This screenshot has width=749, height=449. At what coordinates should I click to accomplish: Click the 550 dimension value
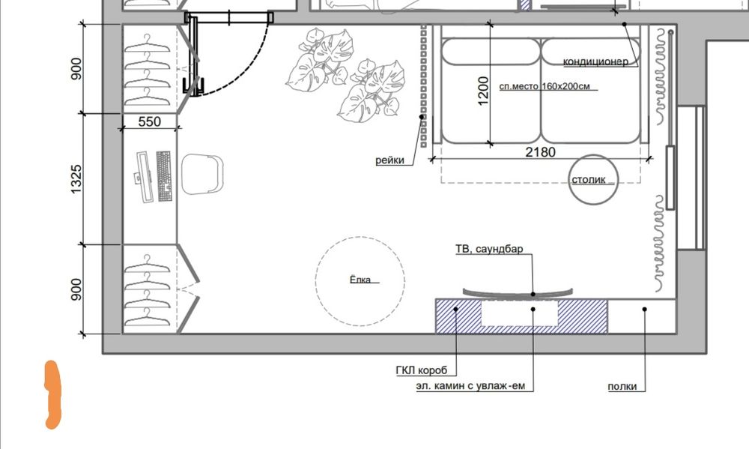coord(150,121)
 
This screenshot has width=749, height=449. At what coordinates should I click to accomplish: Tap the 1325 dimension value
coord(76,179)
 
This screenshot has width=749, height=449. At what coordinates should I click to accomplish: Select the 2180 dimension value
coord(540,152)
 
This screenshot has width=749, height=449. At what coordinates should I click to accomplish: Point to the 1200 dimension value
coord(483,91)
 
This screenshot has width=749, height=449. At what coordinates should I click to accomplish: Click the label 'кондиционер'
coord(595,61)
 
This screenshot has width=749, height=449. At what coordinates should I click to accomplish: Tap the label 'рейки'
coord(389,160)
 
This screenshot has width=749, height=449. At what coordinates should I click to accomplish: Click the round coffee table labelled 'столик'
coord(593,180)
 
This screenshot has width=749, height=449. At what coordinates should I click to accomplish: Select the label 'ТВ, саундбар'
coord(489,249)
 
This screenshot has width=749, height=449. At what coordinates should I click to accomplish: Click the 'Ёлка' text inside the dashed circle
coord(360,280)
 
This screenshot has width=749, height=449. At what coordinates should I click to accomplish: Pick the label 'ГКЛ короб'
coord(422,370)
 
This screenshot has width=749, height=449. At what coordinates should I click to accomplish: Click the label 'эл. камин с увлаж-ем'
coord(470,386)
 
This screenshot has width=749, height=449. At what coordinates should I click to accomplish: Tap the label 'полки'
coord(622,387)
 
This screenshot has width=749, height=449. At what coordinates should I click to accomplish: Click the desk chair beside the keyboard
coord(202,174)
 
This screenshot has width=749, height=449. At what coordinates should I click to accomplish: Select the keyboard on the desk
coord(164,176)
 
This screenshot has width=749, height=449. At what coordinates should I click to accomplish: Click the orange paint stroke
coord(52,394)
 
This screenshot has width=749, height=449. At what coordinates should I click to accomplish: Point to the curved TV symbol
coord(518,293)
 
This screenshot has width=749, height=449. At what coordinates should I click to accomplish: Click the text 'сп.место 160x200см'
coord(545,86)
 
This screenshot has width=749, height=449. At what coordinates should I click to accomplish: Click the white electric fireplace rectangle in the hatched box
coord(520,313)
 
